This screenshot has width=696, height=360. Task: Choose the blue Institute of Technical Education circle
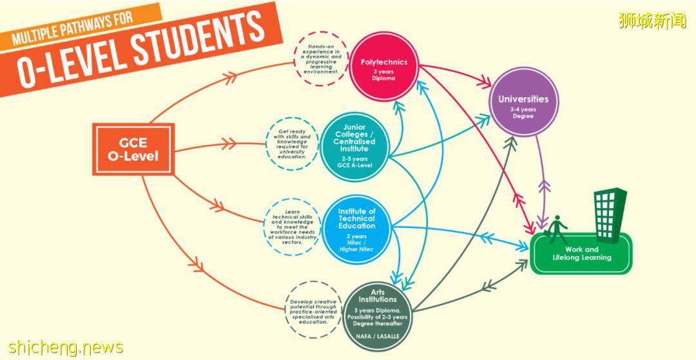[x=356, y=229]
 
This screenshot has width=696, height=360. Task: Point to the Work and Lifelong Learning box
[x=581, y=254]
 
